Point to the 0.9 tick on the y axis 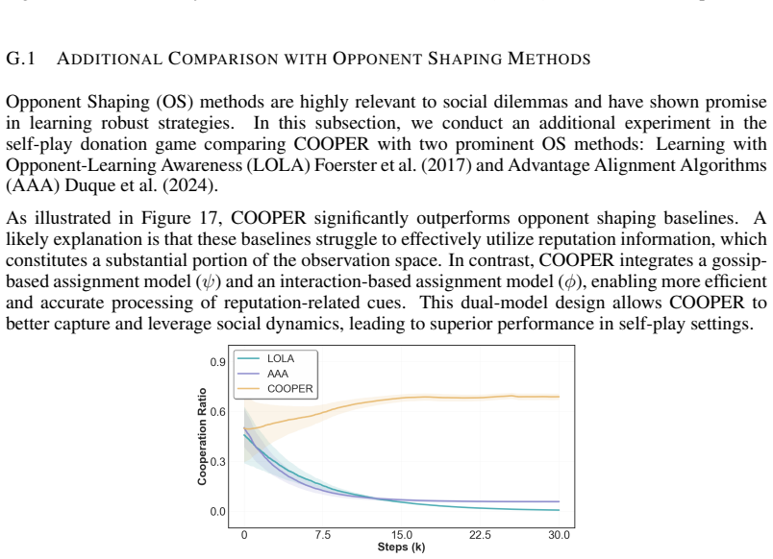(x=217, y=362)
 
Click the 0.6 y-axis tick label (x=217, y=412)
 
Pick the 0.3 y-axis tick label (x=217, y=461)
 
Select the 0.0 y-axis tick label (x=217, y=512)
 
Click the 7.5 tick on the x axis (x=323, y=535)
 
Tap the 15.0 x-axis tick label (x=402, y=535)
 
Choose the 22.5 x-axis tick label (x=480, y=535)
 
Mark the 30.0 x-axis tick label (x=559, y=535)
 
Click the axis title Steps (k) (x=401, y=547)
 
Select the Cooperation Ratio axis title (x=202, y=436)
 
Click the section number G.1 (x=20, y=59)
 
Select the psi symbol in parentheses (x=209, y=281)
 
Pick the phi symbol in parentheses (x=571, y=281)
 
